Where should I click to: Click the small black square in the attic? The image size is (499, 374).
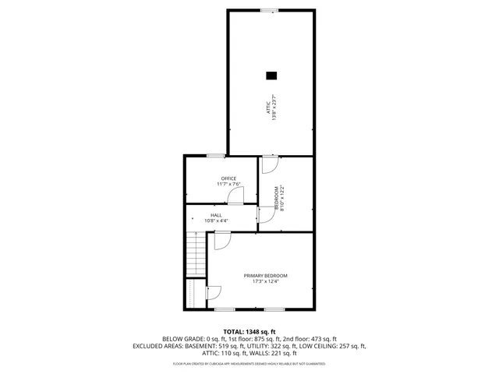click(271, 76)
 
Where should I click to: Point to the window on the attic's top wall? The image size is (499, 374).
click(269, 10)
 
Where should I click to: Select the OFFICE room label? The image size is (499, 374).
click(228, 178)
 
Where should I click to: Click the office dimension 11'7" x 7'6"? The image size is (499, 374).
click(228, 185)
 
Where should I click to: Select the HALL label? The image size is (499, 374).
click(216, 215)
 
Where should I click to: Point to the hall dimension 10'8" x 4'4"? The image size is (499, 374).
click(216, 221)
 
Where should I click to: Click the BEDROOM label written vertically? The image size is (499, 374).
click(275, 195)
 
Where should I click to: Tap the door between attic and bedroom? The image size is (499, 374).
click(268, 164)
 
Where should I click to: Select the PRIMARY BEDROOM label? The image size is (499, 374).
click(265, 276)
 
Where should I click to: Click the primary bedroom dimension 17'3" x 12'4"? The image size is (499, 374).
click(265, 282)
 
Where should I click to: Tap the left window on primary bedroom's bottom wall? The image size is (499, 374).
click(225, 310)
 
